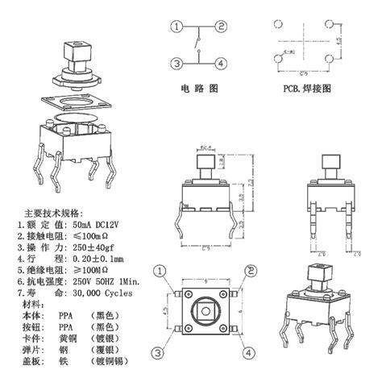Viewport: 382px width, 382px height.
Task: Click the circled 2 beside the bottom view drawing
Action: pos(251,271)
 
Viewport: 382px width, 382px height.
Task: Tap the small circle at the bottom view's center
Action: pos(206,310)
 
